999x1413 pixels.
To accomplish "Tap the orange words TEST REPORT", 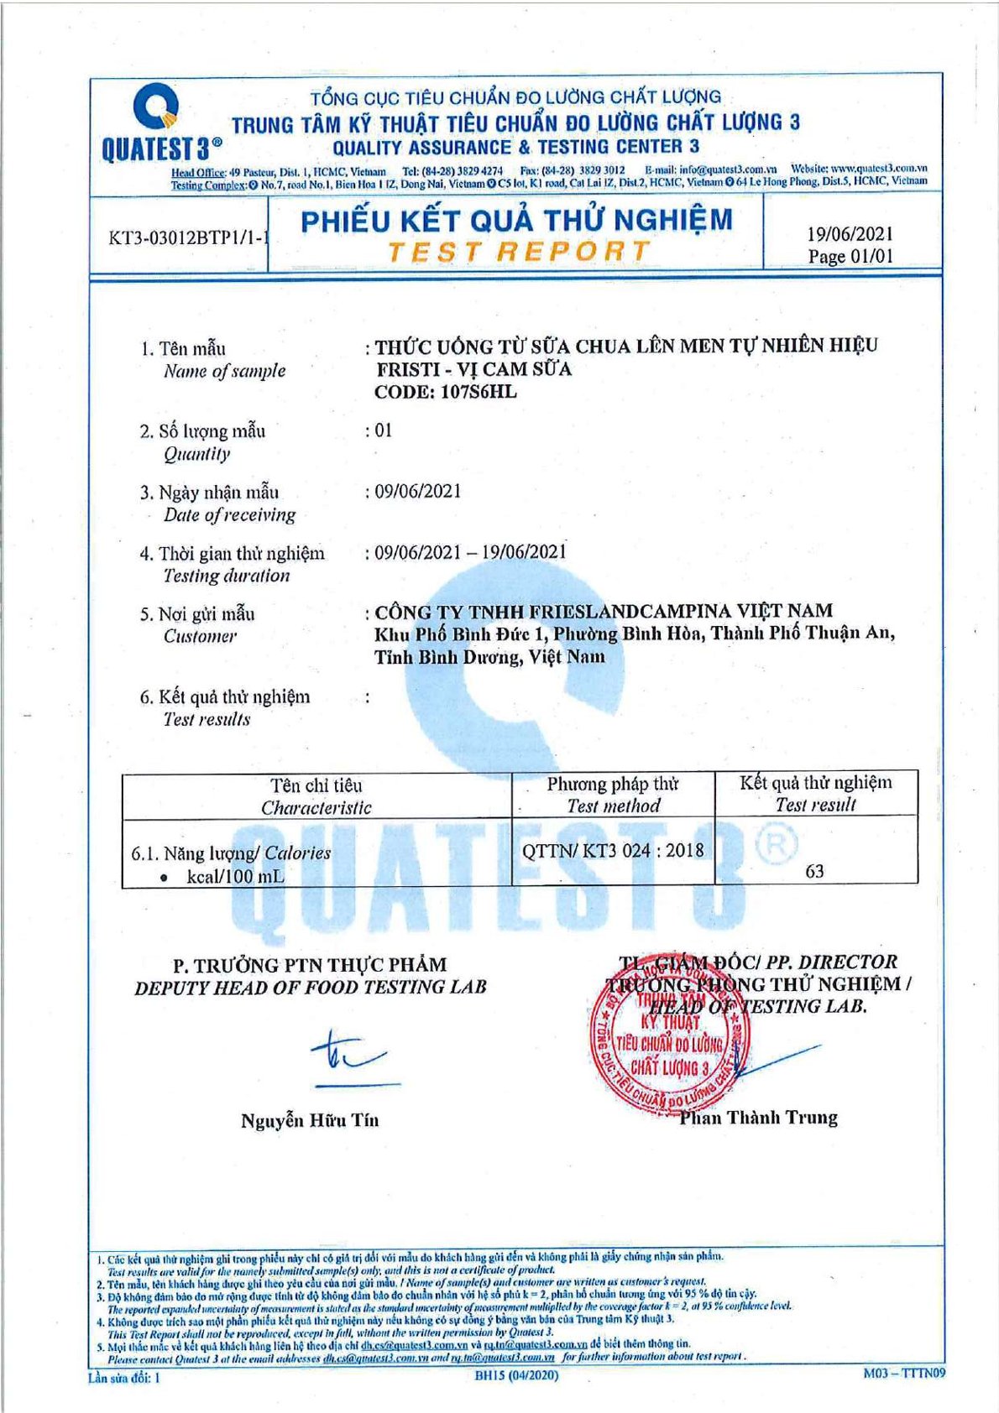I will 518,251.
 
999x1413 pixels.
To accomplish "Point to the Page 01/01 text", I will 850,257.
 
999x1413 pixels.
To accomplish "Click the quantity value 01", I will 383,430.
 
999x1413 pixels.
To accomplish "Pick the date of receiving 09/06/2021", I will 417,491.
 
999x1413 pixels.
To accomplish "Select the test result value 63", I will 814,871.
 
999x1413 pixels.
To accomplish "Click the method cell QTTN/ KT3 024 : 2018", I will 613,850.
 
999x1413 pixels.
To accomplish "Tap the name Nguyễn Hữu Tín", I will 310,1120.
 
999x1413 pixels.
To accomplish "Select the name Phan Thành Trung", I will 758,1118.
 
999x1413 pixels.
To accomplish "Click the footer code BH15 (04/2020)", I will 515,1375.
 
